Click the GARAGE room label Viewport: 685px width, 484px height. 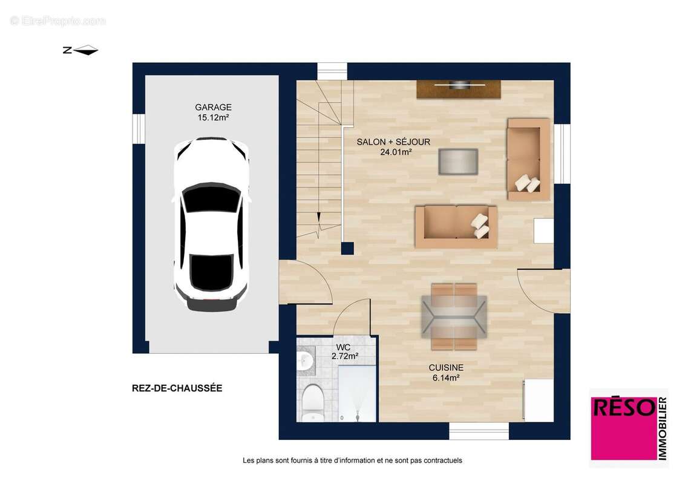[x=213, y=107]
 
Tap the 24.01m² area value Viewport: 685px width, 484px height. [x=396, y=152]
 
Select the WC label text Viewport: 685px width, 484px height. [x=344, y=347]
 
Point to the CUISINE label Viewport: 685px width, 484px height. [x=446, y=367]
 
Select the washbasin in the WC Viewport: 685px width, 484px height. [x=304, y=361]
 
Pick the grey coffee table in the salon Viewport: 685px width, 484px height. [x=458, y=162]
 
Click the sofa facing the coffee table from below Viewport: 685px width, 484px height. [x=456, y=227]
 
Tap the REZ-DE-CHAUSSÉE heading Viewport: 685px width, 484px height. [x=177, y=388]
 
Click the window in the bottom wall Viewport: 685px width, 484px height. [x=479, y=431]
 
